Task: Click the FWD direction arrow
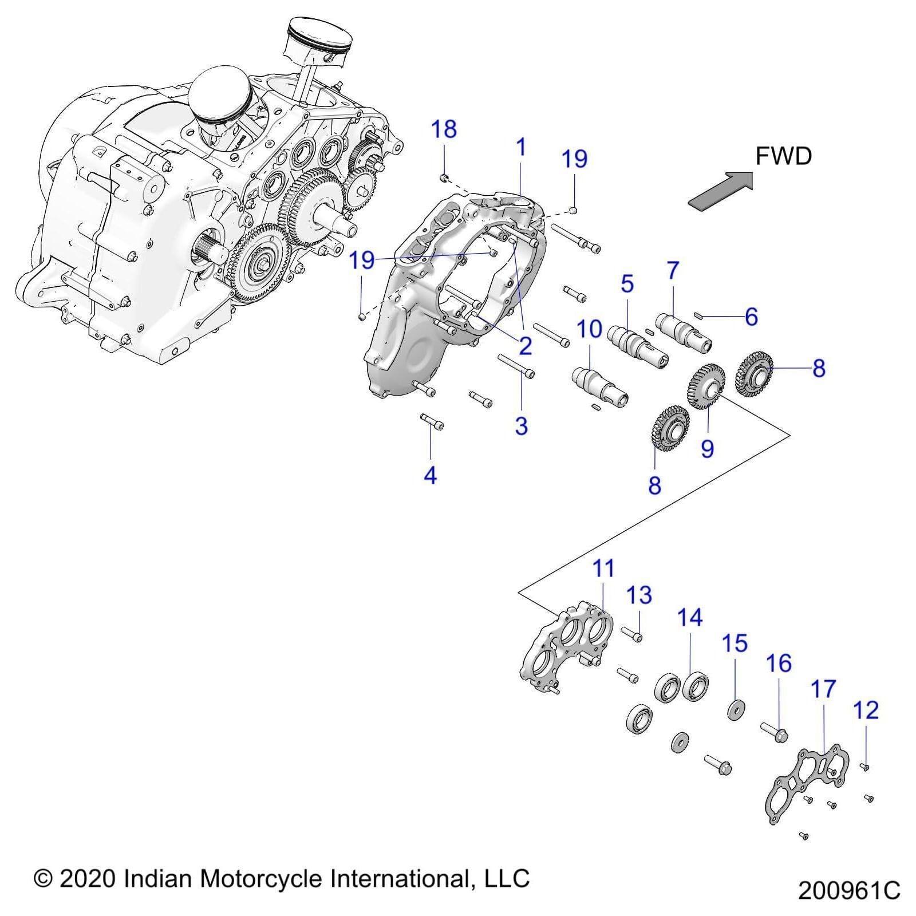(x=720, y=190)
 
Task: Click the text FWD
(x=783, y=156)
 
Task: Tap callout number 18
(x=444, y=130)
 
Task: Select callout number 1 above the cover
(x=520, y=148)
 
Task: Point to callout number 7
(x=672, y=270)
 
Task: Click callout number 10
(x=589, y=329)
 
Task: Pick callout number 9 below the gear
(x=708, y=448)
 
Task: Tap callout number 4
(x=430, y=475)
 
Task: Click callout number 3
(x=520, y=426)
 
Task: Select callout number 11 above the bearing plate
(x=603, y=568)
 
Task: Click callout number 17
(x=823, y=689)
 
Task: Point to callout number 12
(x=865, y=710)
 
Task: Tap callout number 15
(x=735, y=643)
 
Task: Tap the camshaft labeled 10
(x=598, y=384)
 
